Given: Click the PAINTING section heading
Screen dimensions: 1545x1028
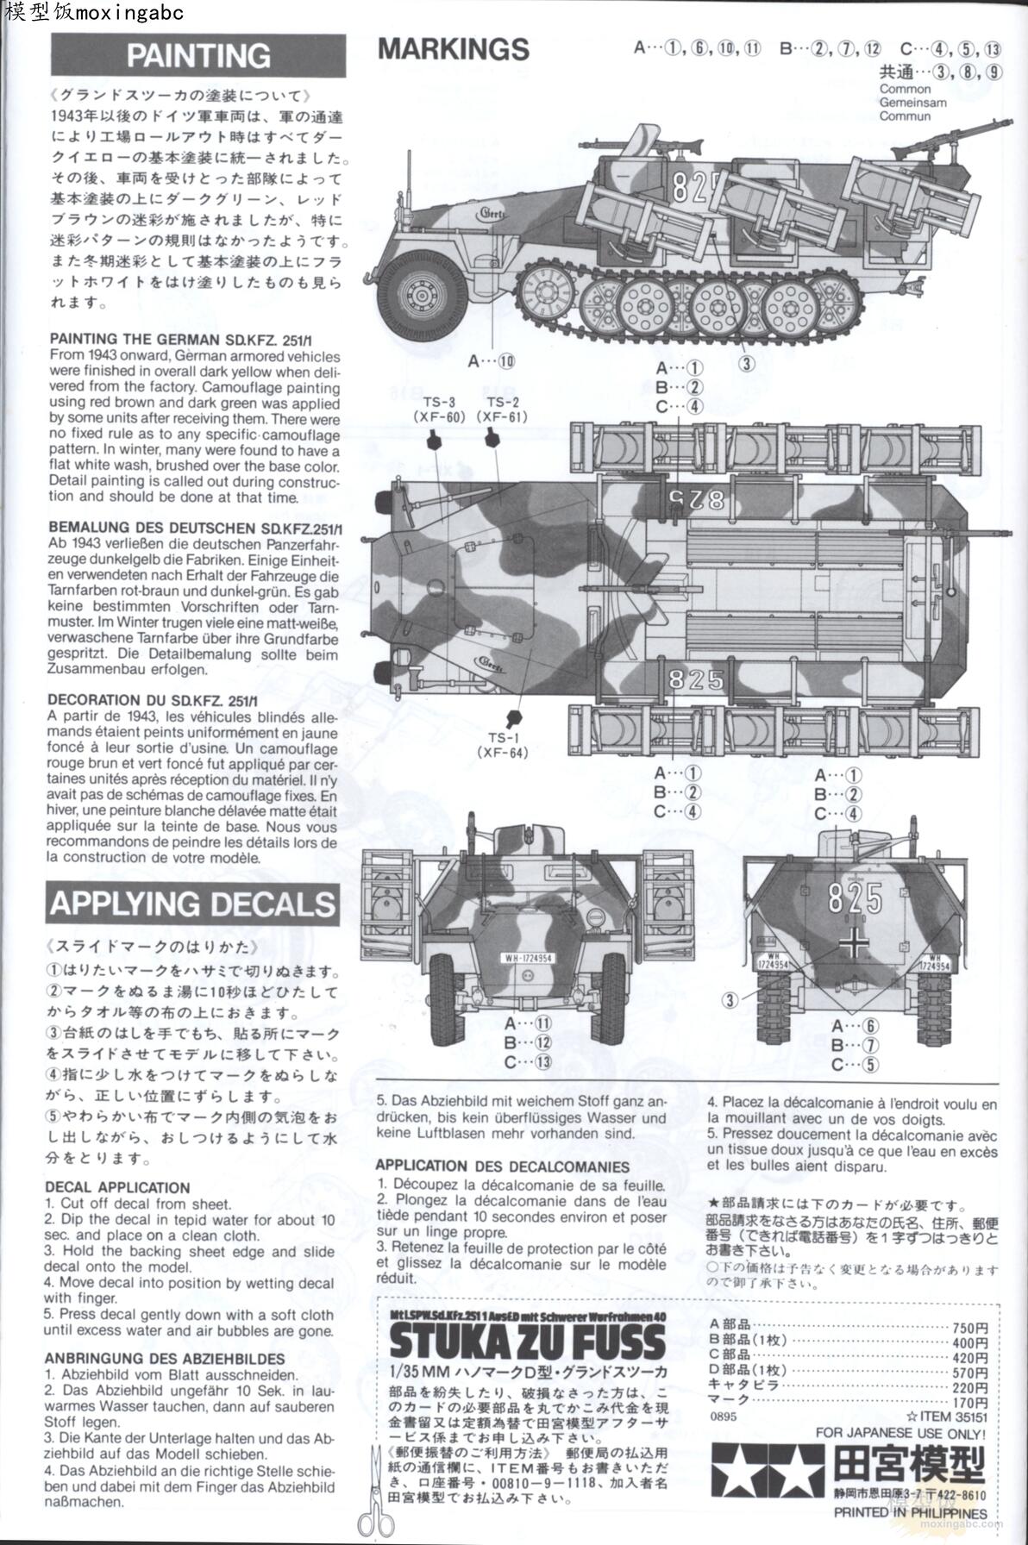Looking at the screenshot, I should (x=198, y=56).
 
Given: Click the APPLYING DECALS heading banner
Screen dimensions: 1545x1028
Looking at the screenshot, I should (x=191, y=904).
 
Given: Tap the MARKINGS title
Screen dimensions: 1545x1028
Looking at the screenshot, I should (x=453, y=49).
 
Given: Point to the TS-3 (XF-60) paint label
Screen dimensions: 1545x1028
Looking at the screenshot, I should (x=439, y=410).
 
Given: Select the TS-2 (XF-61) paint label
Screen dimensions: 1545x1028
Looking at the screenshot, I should (x=502, y=410).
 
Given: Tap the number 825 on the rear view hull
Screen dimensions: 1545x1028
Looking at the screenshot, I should (x=854, y=899).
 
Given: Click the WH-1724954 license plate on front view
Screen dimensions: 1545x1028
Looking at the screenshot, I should (x=527, y=958).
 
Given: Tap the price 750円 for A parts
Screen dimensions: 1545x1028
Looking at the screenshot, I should (x=968, y=1328).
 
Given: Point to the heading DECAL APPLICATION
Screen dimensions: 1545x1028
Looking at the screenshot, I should (x=117, y=1187).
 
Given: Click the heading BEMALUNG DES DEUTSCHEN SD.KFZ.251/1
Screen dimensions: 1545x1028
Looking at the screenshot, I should (x=195, y=528).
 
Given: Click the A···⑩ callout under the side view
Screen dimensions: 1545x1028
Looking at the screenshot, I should (x=491, y=360).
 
